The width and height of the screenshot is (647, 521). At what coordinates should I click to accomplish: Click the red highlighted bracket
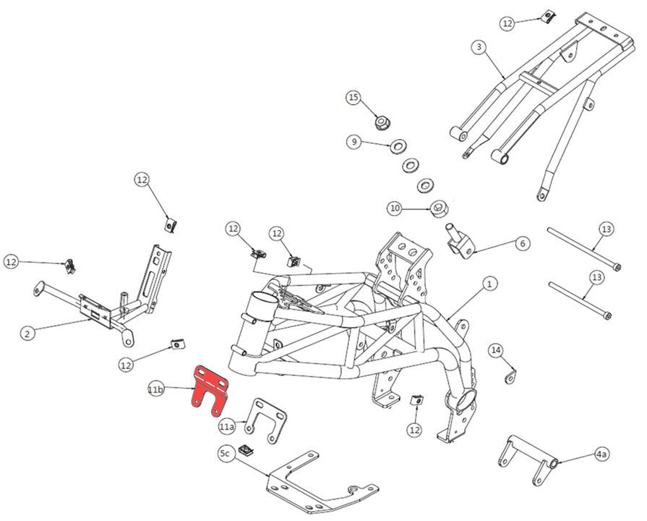tap(209, 388)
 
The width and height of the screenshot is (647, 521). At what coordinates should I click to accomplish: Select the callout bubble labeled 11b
tap(155, 390)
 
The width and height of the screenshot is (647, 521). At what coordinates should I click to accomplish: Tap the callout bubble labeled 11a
tap(227, 426)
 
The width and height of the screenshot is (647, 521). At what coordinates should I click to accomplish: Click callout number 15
tap(353, 97)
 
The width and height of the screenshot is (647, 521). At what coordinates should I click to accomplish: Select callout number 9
tap(354, 142)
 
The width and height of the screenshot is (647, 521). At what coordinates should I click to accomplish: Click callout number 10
tap(394, 208)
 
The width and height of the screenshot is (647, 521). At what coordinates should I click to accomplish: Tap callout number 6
tap(522, 244)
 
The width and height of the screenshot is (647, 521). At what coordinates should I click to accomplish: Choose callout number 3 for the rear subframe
tap(478, 47)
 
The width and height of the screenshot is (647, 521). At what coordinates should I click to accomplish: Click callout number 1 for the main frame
tap(489, 284)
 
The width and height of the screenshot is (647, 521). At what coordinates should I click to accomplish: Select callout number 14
tap(495, 351)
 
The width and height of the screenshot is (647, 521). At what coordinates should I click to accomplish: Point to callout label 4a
tap(601, 454)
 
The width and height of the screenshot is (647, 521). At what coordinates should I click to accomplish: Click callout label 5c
tap(225, 454)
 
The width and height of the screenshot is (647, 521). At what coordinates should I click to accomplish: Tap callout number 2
tap(27, 334)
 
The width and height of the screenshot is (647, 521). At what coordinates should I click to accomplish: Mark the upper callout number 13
tap(607, 229)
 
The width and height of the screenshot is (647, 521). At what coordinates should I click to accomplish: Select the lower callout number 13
tap(596, 277)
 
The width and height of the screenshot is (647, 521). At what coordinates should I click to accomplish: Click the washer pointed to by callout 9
tap(398, 148)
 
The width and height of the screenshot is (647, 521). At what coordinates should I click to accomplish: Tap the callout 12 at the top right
tap(507, 23)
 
